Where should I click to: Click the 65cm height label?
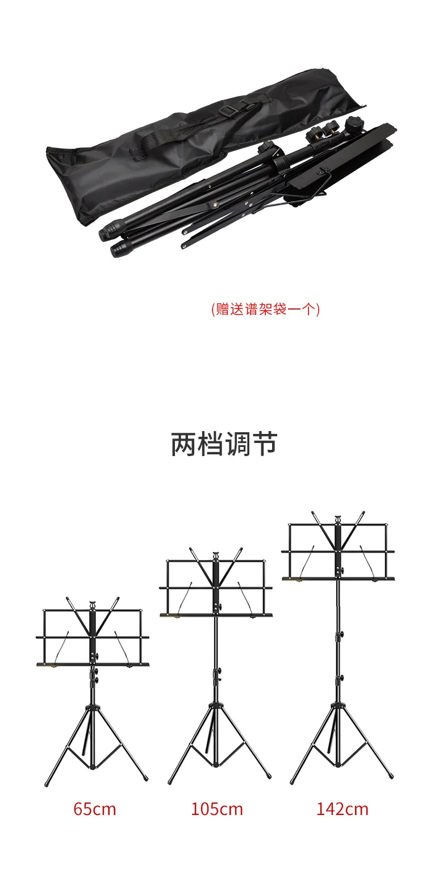(94, 808)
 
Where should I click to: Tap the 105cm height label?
(216, 808)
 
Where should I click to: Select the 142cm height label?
(342, 808)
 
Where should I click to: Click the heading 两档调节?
(224, 444)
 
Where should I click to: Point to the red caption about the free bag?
(265, 309)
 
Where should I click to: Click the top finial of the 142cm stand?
(338, 518)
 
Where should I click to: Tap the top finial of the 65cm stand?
(92, 603)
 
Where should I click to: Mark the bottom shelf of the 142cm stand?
(338, 579)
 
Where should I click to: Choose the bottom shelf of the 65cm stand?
(93, 664)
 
